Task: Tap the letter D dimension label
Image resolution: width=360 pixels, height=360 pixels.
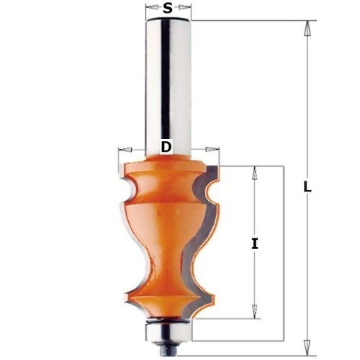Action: [166, 148]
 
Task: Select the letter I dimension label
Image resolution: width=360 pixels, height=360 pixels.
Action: [254, 243]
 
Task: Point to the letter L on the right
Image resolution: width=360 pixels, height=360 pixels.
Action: [307, 186]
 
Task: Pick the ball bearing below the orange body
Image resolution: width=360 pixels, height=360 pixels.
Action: [167, 328]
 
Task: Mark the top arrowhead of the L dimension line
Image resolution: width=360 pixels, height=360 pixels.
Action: [307, 29]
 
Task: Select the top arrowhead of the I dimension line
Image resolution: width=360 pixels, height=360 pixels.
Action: [254, 173]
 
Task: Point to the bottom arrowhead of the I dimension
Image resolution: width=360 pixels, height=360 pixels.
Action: [254, 311]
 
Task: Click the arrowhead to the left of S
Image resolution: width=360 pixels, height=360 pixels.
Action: [150, 9]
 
